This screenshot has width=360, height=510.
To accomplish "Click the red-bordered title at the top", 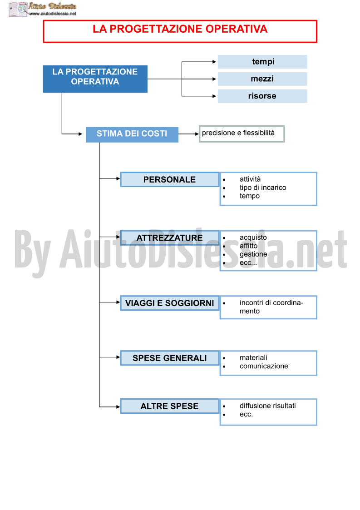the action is click(180, 31).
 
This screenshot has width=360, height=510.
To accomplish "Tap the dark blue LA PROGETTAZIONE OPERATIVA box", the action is click(95, 79).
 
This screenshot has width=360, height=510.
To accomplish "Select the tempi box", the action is click(262, 62).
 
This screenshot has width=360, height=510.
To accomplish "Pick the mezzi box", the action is click(262, 79).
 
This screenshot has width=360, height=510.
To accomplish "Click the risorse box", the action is click(262, 96).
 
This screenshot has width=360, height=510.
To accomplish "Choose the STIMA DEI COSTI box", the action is click(132, 135).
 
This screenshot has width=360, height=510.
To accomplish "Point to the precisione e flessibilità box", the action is click(242, 134).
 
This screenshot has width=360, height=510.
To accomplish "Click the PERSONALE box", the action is click(170, 179).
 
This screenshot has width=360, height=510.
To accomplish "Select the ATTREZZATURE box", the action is click(170, 238).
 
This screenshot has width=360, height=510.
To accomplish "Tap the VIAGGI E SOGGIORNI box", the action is click(170, 303).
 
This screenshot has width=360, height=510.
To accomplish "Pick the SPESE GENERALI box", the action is click(170, 358).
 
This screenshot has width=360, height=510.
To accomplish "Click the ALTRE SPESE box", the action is click(170, 406).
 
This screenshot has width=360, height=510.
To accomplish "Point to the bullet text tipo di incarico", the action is click(263, 188).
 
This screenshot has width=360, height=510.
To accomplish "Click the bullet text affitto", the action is click(248, 246).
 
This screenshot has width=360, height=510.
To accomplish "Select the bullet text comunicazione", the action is click(264, 366).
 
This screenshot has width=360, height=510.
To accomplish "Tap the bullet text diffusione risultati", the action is click(268, 406).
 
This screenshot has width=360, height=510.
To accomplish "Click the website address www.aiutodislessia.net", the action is click(53, 14).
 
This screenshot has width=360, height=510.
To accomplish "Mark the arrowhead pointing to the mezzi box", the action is click(214, 79).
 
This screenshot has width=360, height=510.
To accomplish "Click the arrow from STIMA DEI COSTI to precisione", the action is click(188, 134).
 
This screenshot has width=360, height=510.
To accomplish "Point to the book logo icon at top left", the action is click(18, 9).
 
